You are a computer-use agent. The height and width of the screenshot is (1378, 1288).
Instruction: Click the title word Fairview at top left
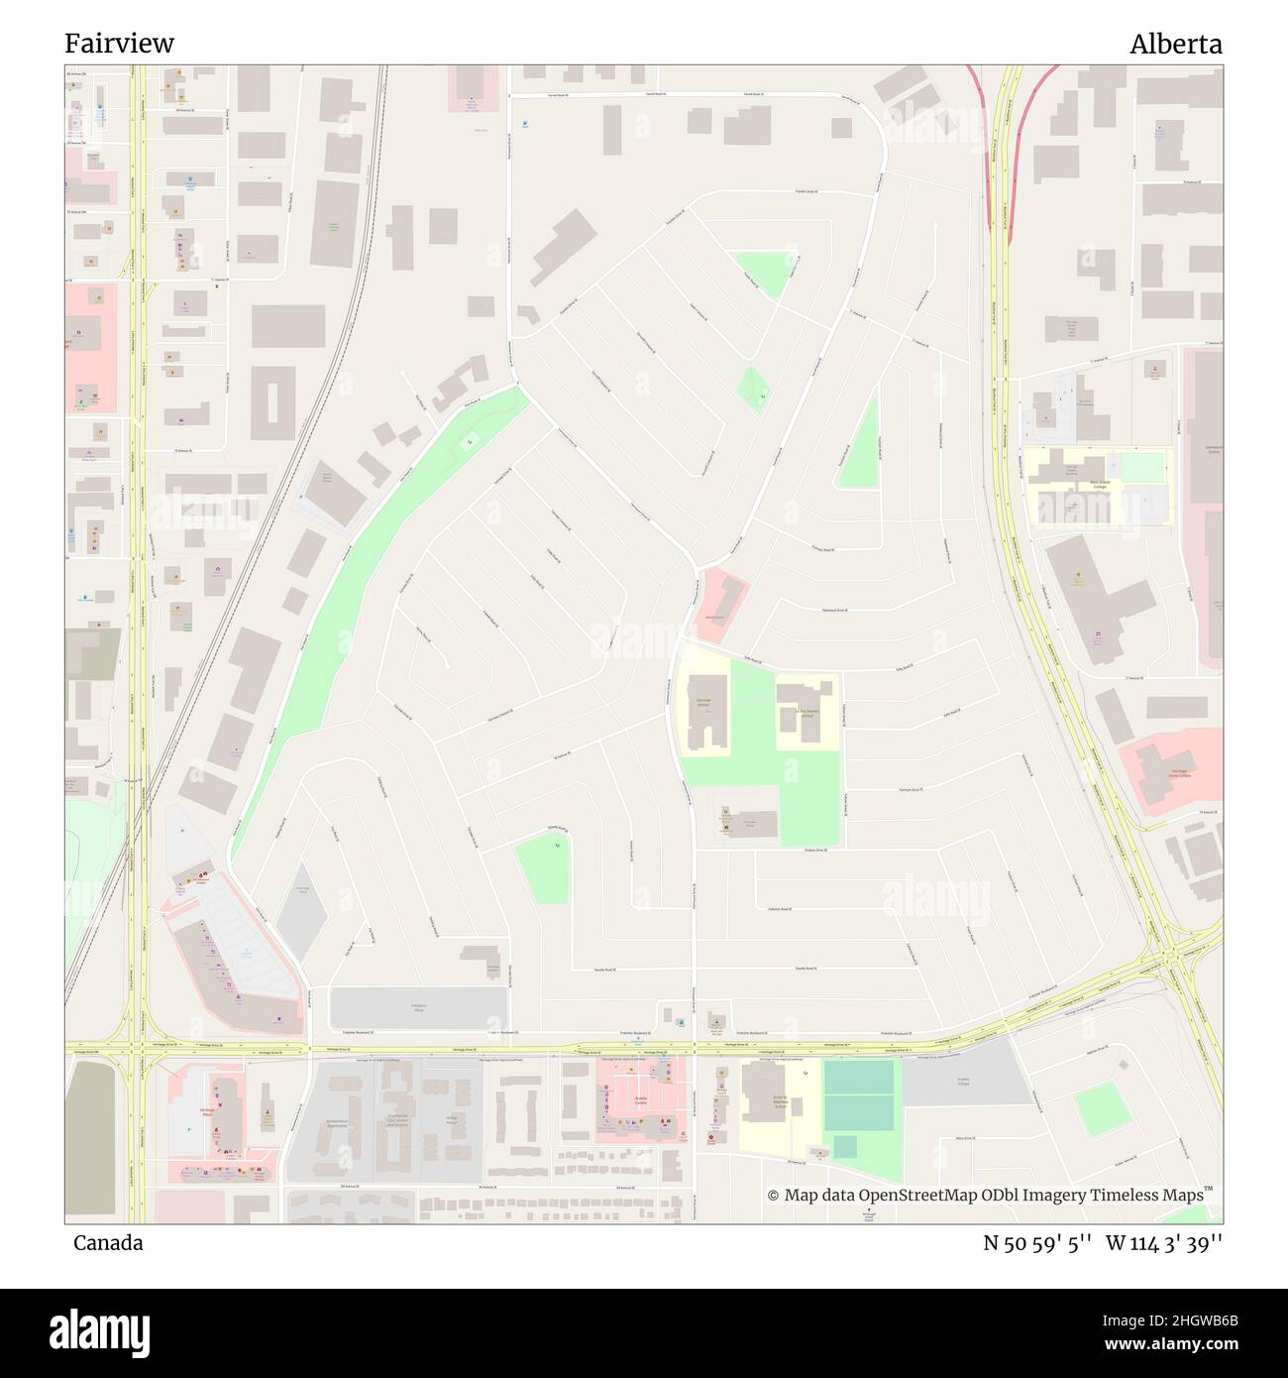click(119, 44)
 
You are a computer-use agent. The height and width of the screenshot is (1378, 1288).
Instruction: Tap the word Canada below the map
click(107, 1243)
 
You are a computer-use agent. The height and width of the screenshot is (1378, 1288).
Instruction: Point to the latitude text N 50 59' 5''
click(1036, 1243)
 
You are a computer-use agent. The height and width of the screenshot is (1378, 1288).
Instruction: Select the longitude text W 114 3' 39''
click(1164, 1243)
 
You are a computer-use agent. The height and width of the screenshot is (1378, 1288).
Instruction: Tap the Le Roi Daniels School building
click(805, 712)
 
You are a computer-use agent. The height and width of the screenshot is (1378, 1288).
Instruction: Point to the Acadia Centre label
click(645, 1100)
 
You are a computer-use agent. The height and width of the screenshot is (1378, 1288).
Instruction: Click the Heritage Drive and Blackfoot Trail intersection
click(1173, 956)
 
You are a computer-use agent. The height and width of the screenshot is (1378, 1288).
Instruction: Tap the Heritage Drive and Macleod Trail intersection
click(137, 1046)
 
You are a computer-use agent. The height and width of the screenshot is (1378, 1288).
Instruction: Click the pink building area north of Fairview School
click(721, 604)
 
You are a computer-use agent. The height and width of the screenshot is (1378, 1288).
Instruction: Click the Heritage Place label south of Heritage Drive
click(208, 1112)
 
